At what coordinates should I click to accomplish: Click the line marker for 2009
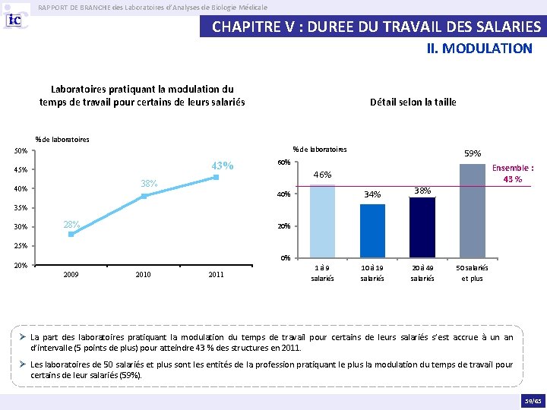[71, 235]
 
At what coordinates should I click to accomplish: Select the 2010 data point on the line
[144, 196]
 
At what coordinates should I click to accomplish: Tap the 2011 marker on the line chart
[217, 177]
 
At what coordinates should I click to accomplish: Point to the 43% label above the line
[222, 166]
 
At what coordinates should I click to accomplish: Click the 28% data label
[71, 225]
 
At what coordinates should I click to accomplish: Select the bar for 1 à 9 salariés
[322, 221]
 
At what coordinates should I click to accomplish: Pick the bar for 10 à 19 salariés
[372, 231]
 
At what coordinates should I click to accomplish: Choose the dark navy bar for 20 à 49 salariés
[422, 228]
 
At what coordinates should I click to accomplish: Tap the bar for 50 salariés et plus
[473, 211]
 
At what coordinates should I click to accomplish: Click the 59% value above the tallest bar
[473, 153]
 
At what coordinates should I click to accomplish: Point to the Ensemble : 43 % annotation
[513, 173]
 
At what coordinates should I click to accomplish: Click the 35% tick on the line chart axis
[21, 208]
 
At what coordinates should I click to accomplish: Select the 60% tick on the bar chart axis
[283, 162]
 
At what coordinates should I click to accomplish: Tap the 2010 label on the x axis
[143, 275]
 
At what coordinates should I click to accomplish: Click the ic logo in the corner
[14, 20]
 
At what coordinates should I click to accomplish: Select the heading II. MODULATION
[479, 49]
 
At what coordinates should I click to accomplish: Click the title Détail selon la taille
[413, 102]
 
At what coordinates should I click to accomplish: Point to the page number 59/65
[533, 401]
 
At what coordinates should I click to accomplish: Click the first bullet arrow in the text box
[23, 337]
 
